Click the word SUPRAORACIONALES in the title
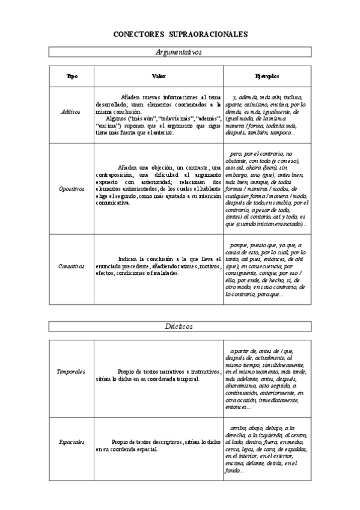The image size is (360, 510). (209, 34)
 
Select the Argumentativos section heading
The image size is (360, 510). (178, 52)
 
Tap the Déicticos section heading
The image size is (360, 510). (178, 326)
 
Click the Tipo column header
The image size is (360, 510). (72, 76)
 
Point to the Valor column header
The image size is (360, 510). (158, 76)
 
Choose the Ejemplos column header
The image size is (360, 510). (267, 76)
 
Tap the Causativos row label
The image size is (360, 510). (72, 265)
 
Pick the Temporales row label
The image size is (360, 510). (72, 372)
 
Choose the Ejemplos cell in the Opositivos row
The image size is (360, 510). (267, 188)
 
